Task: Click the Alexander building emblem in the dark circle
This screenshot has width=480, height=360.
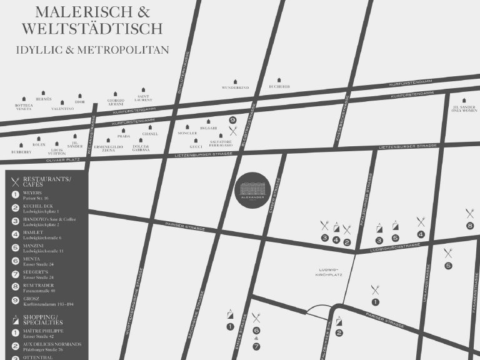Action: pyautogui.click(x=253, y=190)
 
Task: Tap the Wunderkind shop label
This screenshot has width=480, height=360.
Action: pyautogui.click(x=235, y=87)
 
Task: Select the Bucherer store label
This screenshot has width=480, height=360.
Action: pyautogui.click(x=279, y=87)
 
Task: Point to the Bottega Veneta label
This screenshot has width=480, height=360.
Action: pyautogui.click(x=24, y=107)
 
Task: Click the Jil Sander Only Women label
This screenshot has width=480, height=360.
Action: pyautogui.click(x=464, y=108)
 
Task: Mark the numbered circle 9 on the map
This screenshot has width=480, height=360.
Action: pyautogui.click(x=232, y=119)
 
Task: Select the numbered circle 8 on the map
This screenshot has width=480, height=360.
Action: pyautogui.click(x=470, y=225)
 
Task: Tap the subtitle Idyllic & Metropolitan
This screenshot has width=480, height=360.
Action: pyautogui.click(x=92, y=49)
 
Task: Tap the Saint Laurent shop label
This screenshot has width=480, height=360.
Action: pyautogui.click(x=143, y=98)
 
